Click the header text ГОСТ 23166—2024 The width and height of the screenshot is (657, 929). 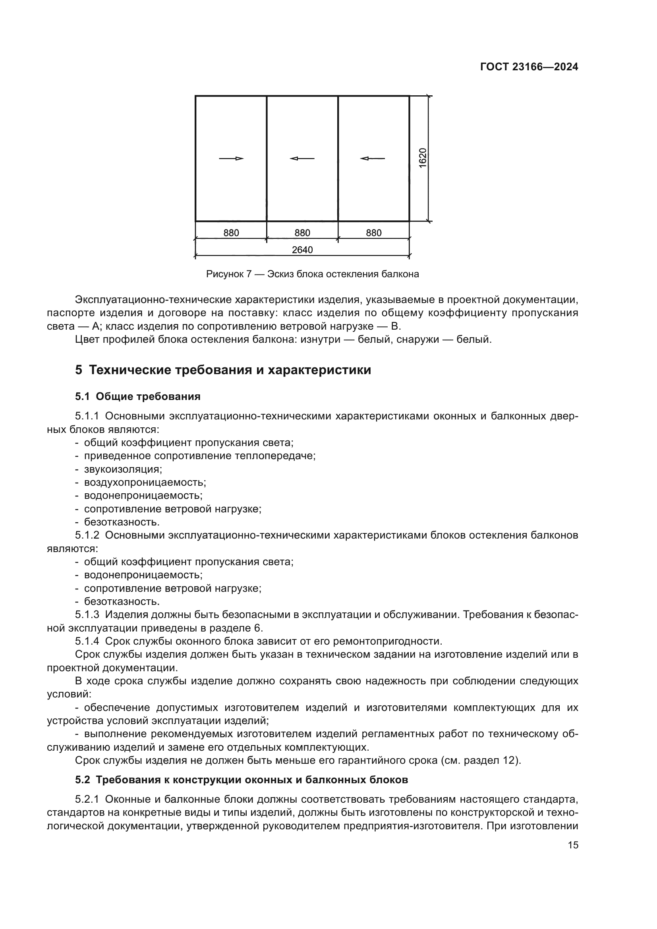point(529,67)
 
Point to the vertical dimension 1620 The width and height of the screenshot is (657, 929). point(423,158)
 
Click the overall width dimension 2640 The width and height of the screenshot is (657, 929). point(302,250)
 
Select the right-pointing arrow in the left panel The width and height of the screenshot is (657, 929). point(232,158)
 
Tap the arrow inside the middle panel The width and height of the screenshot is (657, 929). point(302,158)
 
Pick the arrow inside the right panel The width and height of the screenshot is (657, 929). point(373,158)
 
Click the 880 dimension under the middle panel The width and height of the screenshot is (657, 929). point(302,233)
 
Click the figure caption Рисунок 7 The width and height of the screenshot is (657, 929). point(228,274)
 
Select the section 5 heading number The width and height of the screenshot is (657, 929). point(79,370)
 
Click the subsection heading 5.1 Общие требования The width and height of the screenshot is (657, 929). point(137,396)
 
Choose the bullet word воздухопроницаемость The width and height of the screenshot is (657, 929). point(145,483)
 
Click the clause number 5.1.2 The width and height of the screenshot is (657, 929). point(87,535)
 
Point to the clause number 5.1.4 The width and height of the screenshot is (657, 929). point(87,641)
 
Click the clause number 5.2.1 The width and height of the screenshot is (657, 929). point(87,800)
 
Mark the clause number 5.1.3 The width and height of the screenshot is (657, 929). point(87,614)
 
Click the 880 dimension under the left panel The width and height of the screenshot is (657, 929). point(231,233)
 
